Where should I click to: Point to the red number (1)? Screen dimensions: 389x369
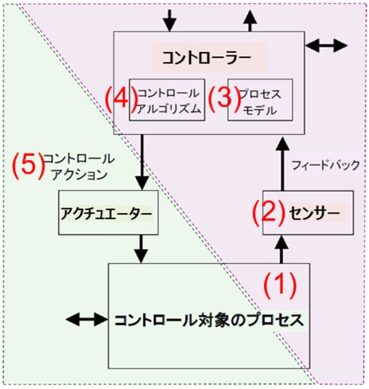(x=279, y=285)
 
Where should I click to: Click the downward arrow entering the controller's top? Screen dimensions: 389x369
(x=169, y=21)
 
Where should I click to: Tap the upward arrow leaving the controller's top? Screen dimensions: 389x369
(x=250, y=21)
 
